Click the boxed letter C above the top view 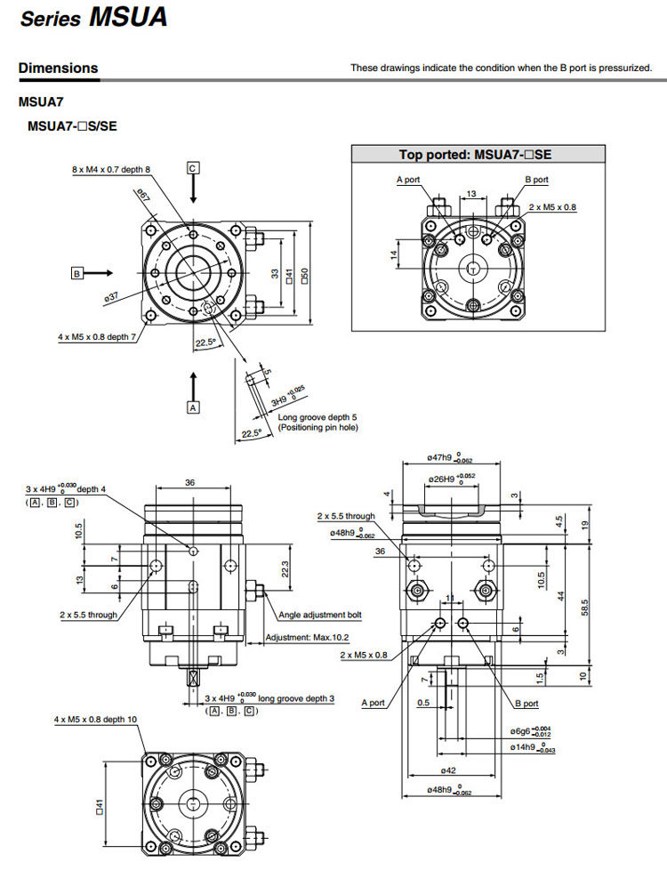coord(193,167)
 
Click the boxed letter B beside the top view coord(77,274)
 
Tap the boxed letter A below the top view coord(193,407)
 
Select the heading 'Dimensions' coord(59,68)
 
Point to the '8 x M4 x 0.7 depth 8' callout coord(111,168)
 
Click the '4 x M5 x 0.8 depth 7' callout coord(97,337)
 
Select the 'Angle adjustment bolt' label coord(319,615)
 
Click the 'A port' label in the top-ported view coord(408,180)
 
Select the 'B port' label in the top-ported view coord(536,180)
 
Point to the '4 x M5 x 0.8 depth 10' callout coord(95,718)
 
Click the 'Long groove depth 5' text coord(317,417)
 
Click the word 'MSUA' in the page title coord(128,20)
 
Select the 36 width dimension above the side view coord(189,482)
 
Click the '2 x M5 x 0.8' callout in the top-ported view coord(552,206)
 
